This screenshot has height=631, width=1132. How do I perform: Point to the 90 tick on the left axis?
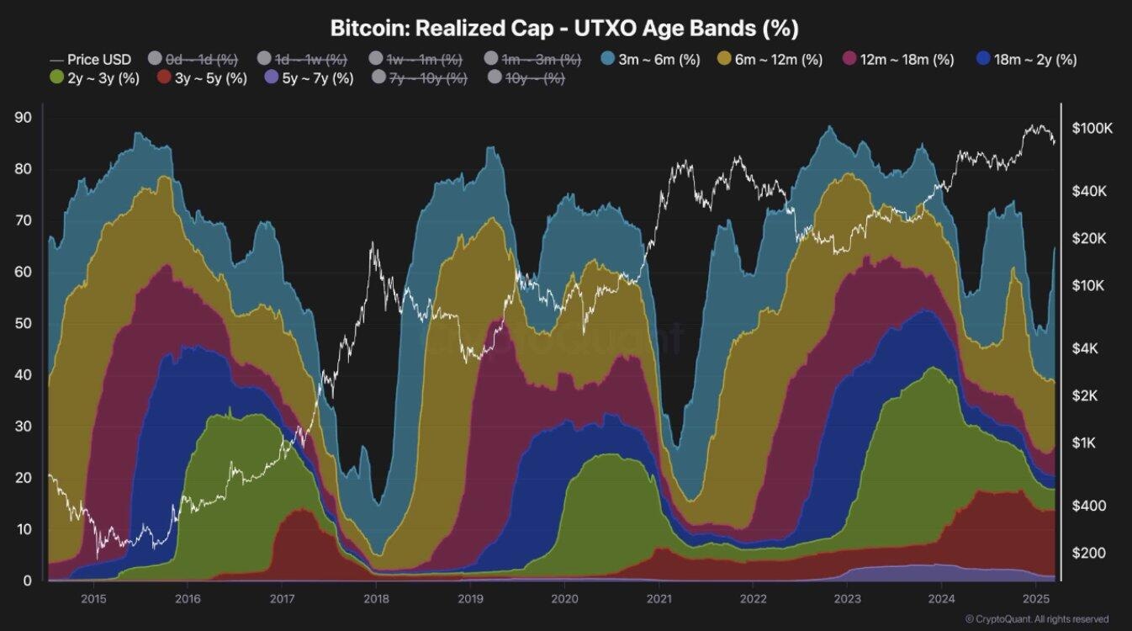(24, 118)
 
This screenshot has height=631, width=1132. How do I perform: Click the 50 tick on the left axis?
(24, 324)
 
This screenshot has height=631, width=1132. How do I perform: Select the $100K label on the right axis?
(1092, 129)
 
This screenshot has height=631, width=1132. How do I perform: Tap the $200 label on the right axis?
(1089, 553)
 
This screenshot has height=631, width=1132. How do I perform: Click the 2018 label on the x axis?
(376, 598)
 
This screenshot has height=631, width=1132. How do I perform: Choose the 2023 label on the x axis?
(847, 598)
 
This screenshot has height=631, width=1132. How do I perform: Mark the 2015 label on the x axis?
(93, 598)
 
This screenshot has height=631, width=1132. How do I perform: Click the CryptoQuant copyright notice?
(1036, 619)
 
